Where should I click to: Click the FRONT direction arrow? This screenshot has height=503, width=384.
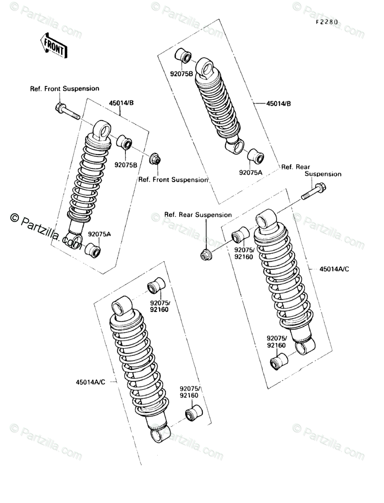(53, 45)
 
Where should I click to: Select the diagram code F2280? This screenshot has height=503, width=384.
(327, 22)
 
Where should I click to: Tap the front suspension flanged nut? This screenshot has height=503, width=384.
(155, 160)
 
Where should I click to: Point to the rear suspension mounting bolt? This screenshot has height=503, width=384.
(314, 192)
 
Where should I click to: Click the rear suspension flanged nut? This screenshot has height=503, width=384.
(205, 254)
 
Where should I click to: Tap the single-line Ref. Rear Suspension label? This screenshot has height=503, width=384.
(198, 215)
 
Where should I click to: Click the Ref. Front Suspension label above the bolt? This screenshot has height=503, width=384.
(64, 89)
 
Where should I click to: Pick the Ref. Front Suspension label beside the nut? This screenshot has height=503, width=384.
(173, 180)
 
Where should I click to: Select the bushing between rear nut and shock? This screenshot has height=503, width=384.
(241, 235)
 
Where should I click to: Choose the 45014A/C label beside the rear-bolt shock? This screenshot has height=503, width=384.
(334, 269)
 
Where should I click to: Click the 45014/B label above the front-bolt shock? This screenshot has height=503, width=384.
(121, 103)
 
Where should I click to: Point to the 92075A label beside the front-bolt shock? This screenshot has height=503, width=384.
(100, 235)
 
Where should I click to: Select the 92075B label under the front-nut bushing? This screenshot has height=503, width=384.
(125, 165)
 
